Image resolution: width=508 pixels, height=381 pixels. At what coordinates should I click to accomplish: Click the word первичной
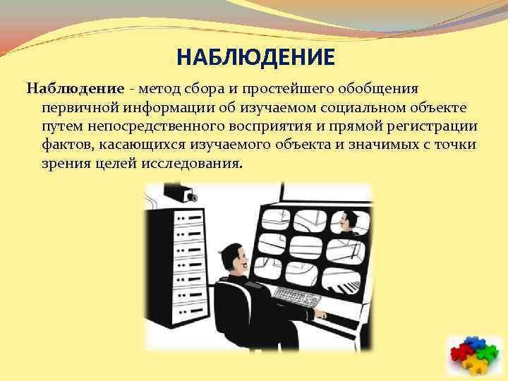tap(78, 107)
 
